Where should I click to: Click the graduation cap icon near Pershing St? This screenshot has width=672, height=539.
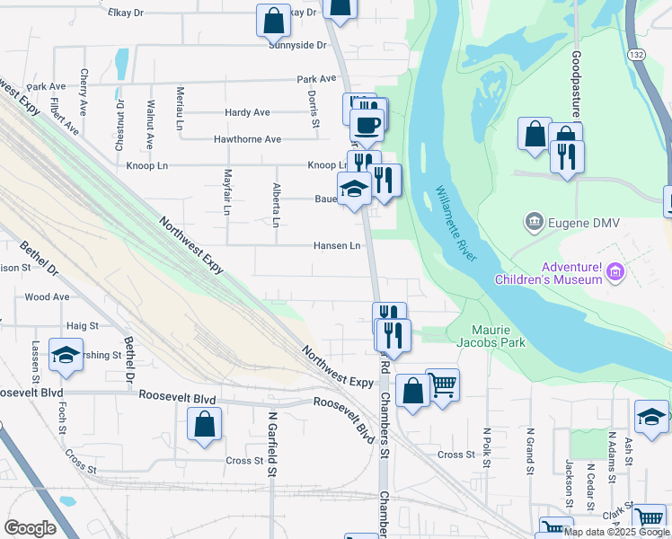[65, 356]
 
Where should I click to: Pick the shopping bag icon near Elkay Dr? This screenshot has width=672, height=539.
[273, 19]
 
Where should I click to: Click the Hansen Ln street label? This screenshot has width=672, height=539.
[337, 245]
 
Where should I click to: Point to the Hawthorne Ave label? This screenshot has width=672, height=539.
[247, 139]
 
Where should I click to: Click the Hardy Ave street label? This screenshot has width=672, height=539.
[248, 112]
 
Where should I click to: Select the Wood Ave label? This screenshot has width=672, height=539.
[48, 296]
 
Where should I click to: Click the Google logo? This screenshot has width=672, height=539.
[30, 528]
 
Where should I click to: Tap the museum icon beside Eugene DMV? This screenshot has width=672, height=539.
[535, 221]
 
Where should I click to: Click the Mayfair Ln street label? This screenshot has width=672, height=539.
[227, 191]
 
